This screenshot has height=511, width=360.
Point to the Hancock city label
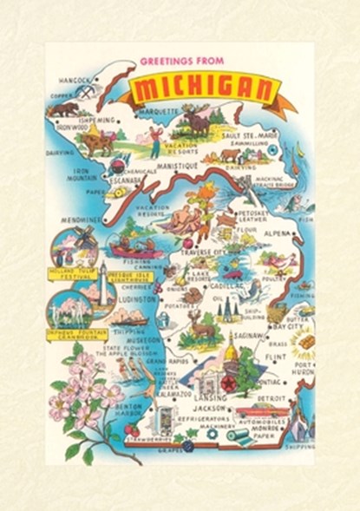pyautogui.click(x=74, y=80)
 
